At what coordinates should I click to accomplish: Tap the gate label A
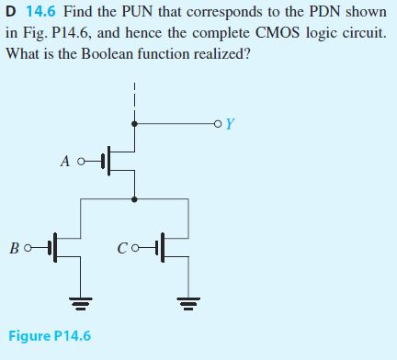(x=64, y=160)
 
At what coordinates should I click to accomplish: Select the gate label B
(x=15, y=247)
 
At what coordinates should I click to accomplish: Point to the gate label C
(x=122, y=247)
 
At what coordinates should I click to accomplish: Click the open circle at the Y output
(x=216, y=123)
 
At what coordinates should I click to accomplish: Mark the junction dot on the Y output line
(x=136, y=123)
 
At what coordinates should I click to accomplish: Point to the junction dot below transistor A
(x=136, y=197)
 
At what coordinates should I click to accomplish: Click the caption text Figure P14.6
(x=50, y=335)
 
